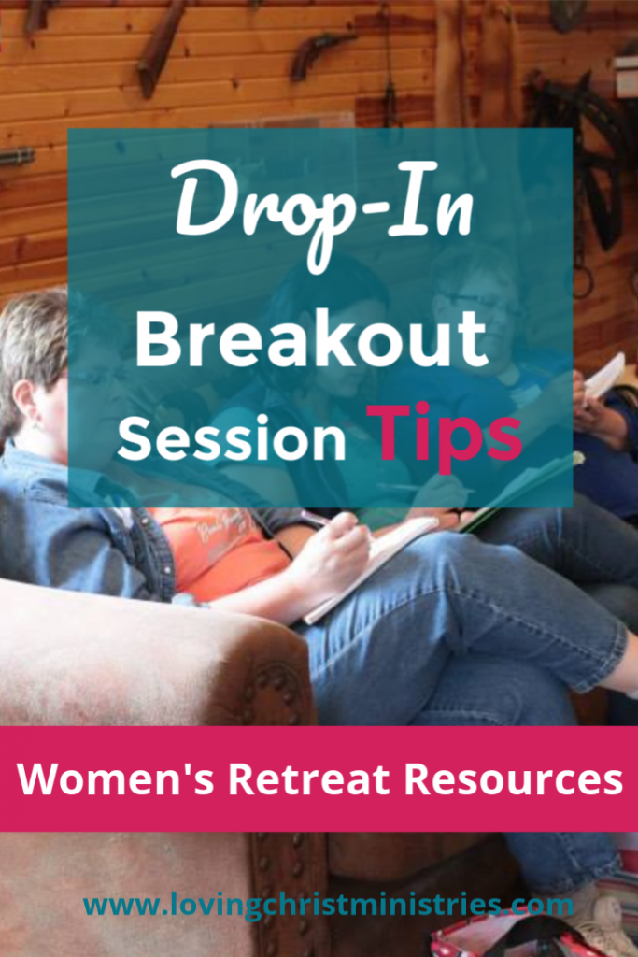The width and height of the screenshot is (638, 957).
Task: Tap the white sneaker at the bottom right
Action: pyautogui.click(x=598, y=921)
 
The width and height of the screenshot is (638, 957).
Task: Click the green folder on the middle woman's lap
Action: pyautogui.click(x=523, y=491)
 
